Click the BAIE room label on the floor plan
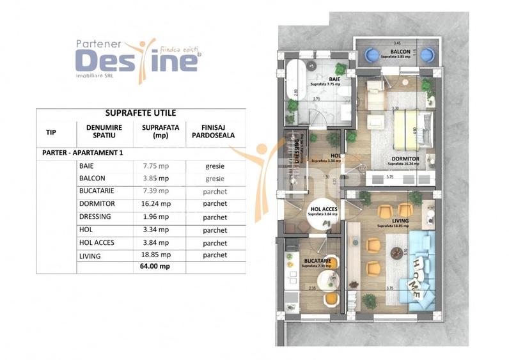pyautogui.click(x=325, y=80)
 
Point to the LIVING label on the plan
pyautogui.click(x=391, y=221)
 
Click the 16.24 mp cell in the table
pyautogui.click(x=155, y=204)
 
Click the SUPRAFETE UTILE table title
pyautogui.click(x=140, y=113)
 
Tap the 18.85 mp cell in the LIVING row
pyautogui.click(x=155, y=255)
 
